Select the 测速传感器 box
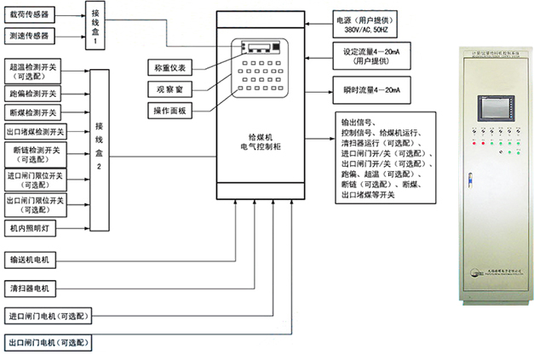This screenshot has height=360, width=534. [30, 36]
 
